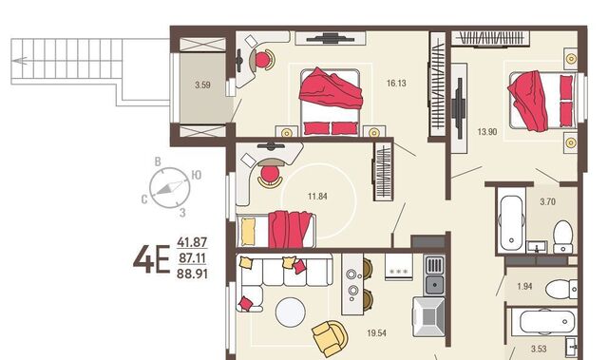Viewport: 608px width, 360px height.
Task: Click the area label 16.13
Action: click(396, 84)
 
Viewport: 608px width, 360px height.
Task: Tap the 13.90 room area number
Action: click(487, 132)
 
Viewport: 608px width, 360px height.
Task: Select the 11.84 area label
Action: click(317, 197)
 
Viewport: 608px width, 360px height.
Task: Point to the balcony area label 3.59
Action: click(202, 85)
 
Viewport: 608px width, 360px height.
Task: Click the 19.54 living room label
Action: click(376, 332)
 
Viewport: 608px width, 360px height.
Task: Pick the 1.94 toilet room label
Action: click(524, 287)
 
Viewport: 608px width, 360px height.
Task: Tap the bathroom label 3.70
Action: click(547, 202)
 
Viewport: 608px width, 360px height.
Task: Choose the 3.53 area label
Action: click(539, 349)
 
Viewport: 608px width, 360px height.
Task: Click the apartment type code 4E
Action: click(152, 259)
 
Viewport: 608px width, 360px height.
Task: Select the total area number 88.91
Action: click(192, 274)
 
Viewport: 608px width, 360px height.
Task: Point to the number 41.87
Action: click(192, 242)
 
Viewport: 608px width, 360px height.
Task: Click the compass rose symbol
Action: click(170, 187)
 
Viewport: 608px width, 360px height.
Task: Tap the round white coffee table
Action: click(291, 313)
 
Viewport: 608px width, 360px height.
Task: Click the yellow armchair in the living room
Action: click(331, 337)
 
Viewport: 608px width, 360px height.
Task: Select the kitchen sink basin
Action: click(435, 285)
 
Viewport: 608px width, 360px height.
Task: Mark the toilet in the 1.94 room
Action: click(561, 289)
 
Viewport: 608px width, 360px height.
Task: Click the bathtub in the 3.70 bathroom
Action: click(511, 223)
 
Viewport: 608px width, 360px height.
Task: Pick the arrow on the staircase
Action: click(19, 61)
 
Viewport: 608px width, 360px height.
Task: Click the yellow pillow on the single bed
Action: click(248, 232)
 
